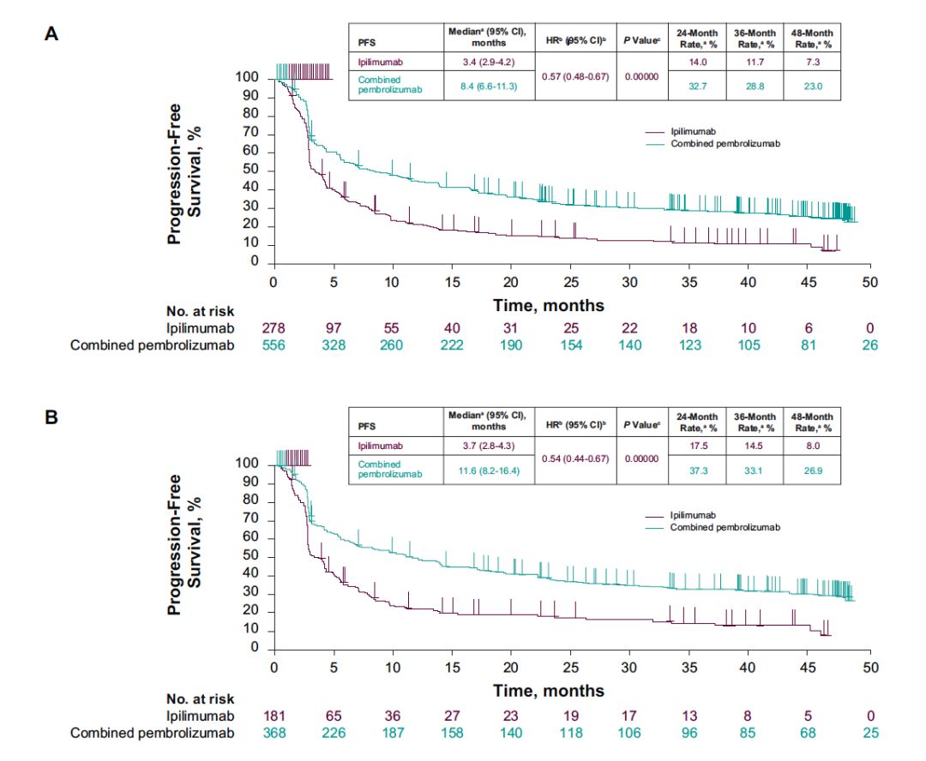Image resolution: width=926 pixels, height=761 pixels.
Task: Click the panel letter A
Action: [x=51, y=34]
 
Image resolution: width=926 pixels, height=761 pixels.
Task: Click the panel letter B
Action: [x=51, y=419]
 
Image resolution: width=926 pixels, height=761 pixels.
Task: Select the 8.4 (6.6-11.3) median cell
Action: [x=489, y=85]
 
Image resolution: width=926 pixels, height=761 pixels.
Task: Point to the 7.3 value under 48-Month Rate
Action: [x=812, y=62]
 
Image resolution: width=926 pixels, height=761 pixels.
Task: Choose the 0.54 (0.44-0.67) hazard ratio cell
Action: [x=574, y=459]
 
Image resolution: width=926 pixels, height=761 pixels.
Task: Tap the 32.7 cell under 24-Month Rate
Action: [x=697, y=85]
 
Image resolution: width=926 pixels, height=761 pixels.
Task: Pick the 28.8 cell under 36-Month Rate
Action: [x=755, y=85]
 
